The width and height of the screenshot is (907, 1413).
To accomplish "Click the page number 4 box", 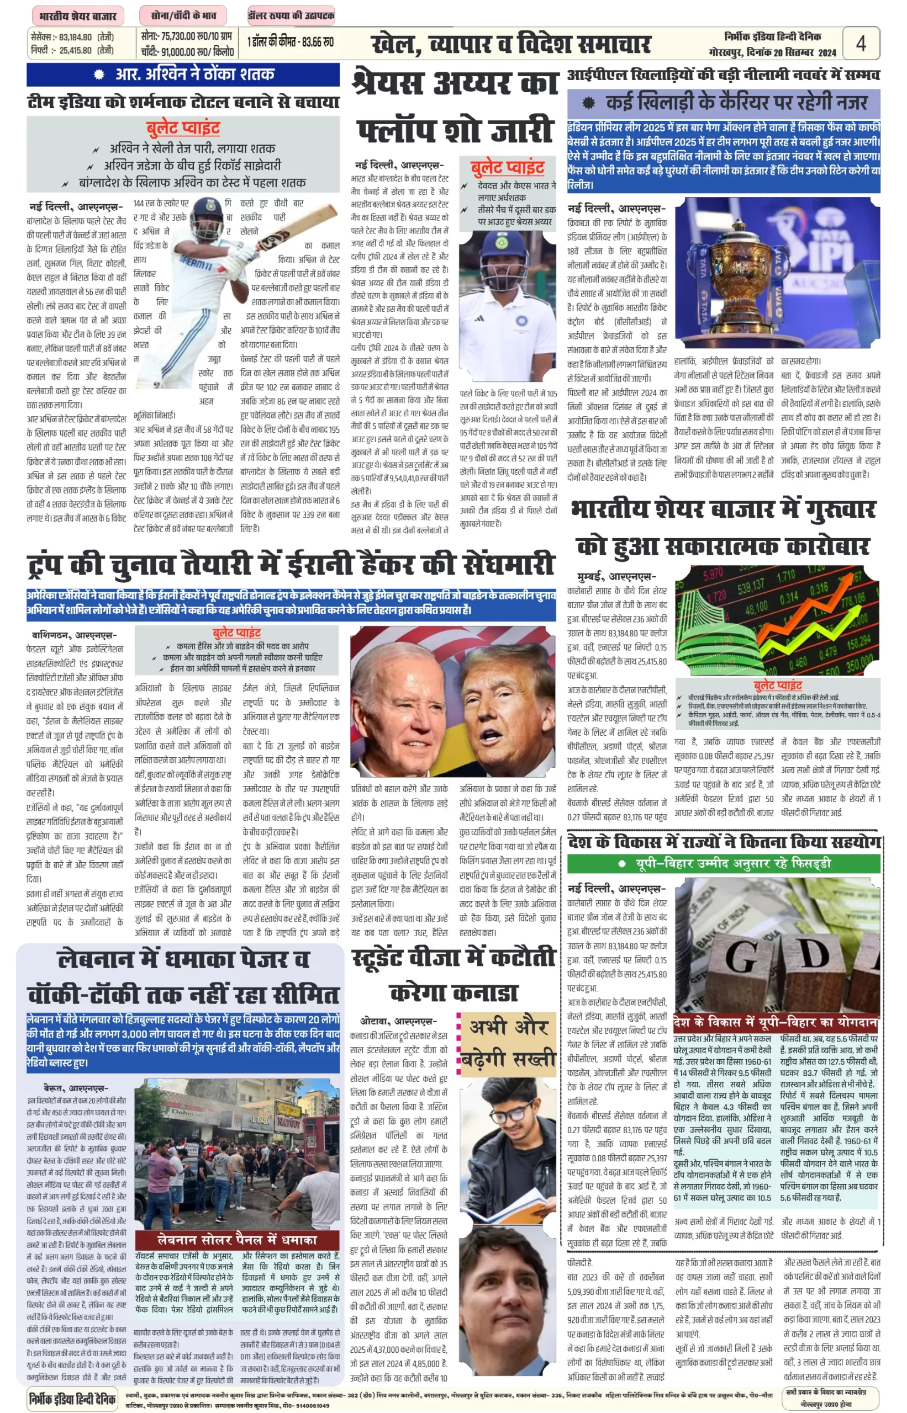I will point(861,43).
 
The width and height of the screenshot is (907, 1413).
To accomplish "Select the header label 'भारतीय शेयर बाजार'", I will point(77,15).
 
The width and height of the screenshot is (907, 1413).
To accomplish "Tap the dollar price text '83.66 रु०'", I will point(318,43).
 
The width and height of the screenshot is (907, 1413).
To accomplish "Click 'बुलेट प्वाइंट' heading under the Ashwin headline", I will point(183,128).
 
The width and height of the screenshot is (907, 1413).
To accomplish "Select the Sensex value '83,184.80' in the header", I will point(75,37).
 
